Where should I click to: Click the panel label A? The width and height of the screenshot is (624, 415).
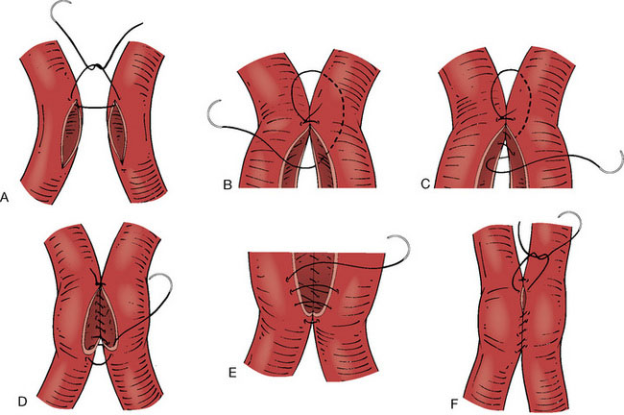5,197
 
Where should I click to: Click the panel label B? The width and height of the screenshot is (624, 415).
228,184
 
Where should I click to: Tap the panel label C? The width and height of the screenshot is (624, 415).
425,184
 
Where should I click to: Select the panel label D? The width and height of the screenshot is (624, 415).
22,402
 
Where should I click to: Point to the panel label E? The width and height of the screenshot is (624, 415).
232,373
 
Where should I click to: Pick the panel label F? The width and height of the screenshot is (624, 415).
454,404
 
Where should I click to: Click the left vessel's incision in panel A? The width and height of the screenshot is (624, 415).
71,134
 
